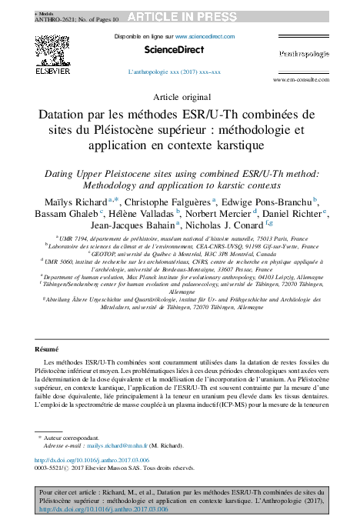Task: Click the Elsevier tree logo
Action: (x=53, y=54)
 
